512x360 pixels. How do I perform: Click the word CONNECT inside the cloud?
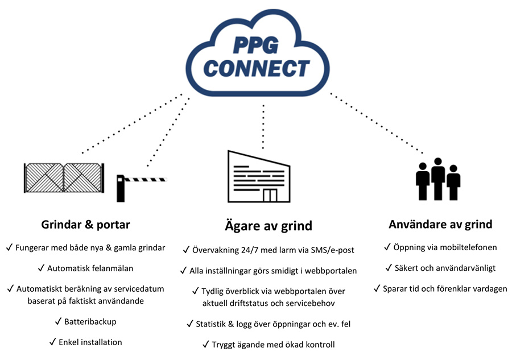(x=257, y=69)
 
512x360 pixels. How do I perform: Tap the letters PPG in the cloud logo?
(x=256, y=45)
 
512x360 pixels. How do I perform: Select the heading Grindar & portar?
(x=85, y=225)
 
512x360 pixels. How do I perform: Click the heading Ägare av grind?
(x=269, y=226)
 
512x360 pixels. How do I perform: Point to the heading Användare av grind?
(x=440, y=224)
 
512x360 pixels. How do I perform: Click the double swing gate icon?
(x=64, y=178)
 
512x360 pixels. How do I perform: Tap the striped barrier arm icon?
(x=146, y=179)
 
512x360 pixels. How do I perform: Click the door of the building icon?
(x=270, y=195)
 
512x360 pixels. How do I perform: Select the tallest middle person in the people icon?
(x=438, y=179)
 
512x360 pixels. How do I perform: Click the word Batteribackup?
(x=90, y=321)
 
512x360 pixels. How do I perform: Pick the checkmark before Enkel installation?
(x=52, y=342)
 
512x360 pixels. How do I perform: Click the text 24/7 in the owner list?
(x=250, y=250)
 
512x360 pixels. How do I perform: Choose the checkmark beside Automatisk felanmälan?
(x=41, y=268)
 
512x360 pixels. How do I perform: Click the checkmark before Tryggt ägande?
(x=206, y=344)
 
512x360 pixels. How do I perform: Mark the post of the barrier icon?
(x=121, y=189)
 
